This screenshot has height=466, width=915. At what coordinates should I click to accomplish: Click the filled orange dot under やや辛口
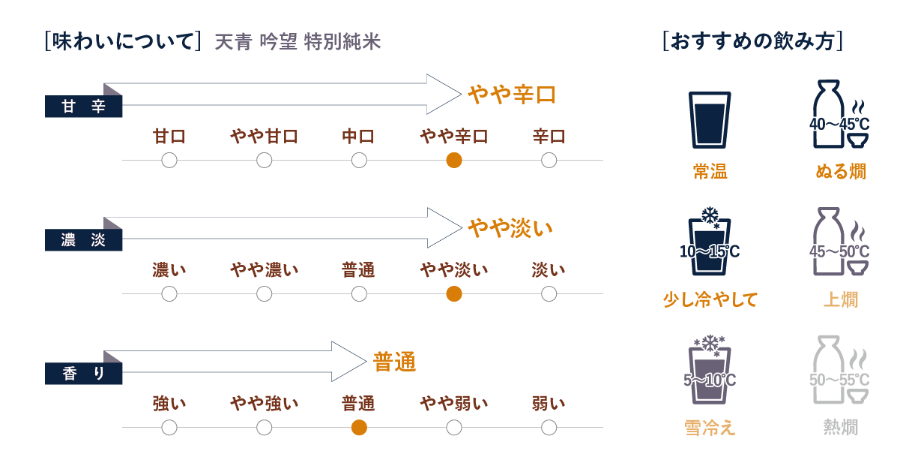point(453,160)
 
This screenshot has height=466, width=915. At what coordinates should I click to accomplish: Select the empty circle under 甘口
point(169,160)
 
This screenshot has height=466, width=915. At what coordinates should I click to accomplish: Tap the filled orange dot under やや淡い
point(453,293)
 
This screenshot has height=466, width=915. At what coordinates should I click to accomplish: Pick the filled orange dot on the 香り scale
point(359,428)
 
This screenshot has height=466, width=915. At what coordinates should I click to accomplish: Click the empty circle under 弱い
point(549,428)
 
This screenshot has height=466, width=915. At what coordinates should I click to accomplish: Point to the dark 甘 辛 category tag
point(83,107)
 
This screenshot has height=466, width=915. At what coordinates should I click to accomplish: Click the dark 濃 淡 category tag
point(83,241)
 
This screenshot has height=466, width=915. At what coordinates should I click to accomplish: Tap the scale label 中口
point(359,137)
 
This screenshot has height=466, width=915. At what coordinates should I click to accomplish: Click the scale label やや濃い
point(264,270)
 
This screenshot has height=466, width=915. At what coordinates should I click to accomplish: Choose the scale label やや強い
point(264,404)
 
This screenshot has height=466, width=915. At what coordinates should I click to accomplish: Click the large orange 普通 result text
point(394,362)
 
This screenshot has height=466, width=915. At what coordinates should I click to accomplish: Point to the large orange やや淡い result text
point(510,227)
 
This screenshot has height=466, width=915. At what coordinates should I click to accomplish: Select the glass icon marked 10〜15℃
point(709,244)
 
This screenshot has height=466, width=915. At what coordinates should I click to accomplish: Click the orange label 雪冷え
point(709,428)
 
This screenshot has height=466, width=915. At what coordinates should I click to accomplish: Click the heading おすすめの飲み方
point(753,42)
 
